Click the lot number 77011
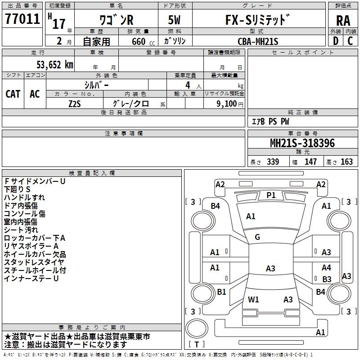(x=22, y=19)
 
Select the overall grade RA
(x=343, y=20)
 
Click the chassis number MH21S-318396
(x=302, y=144)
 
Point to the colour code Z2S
(x=74, y=103)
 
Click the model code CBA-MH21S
(x=258, y=41)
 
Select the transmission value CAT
(x=13, y=94)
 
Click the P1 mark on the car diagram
(x=271, y=195)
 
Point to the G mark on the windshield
(x=257, y=237)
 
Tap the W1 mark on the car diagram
(x=254, y=299)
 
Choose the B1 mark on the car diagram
(x=221, y=292)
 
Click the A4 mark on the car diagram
(x=326, y=268)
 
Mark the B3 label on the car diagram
(x=327, y=279)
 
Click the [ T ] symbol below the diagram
(x=197, y=344)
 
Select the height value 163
(x=346, y=162)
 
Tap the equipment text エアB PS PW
(x=270, y=121)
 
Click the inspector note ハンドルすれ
(x=24, y=197)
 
